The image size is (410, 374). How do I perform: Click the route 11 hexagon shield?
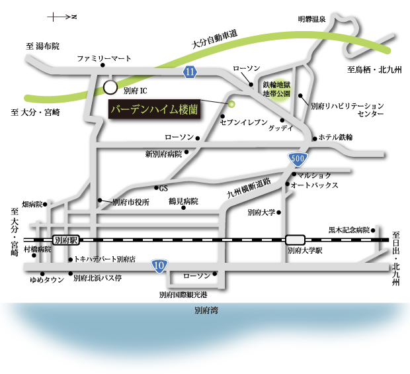coord(190,71)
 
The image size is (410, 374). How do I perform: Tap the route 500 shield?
coord(298,159)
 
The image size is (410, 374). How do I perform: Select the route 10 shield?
coord(159,266)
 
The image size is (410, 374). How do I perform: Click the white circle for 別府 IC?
coord(110,87)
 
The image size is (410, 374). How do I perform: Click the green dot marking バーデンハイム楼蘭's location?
coord(231,104)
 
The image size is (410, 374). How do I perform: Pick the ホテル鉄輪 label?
coord(336,138)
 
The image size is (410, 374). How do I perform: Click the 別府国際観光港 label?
coord(183,295)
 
